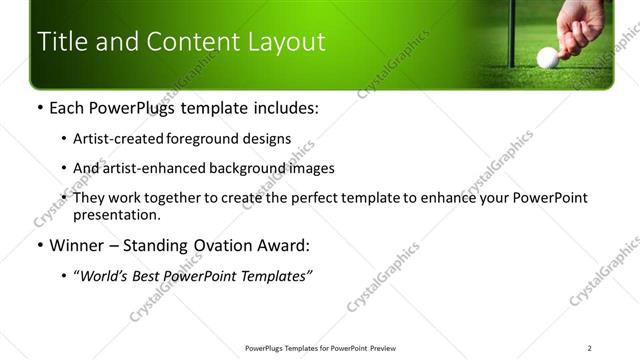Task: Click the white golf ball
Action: pos(547,57)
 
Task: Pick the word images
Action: pos(311,169)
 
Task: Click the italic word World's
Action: pos(104,275)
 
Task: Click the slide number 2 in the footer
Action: pos(589,348)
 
